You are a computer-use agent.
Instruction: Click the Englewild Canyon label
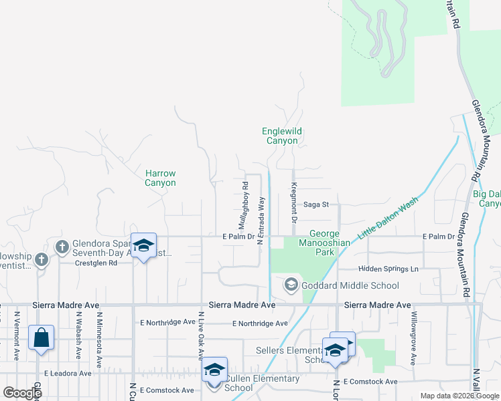[x=279, y=136]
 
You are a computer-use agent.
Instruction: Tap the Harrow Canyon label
[x=161, y=178]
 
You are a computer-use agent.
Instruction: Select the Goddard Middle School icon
[x=291, y=285]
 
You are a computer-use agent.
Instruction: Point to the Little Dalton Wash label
[x=388, y=216]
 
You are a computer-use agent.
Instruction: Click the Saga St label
[x=316, y=205]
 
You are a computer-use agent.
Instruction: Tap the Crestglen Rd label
[x=95, y=263]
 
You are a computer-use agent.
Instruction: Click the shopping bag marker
[x=41, y=340]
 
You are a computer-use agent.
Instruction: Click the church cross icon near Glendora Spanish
[x=62, y=247]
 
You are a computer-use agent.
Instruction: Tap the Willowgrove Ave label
[x=414, y=338]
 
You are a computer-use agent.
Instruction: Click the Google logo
[x=21, y=393]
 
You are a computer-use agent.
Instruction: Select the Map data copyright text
[x=459, y=396]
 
